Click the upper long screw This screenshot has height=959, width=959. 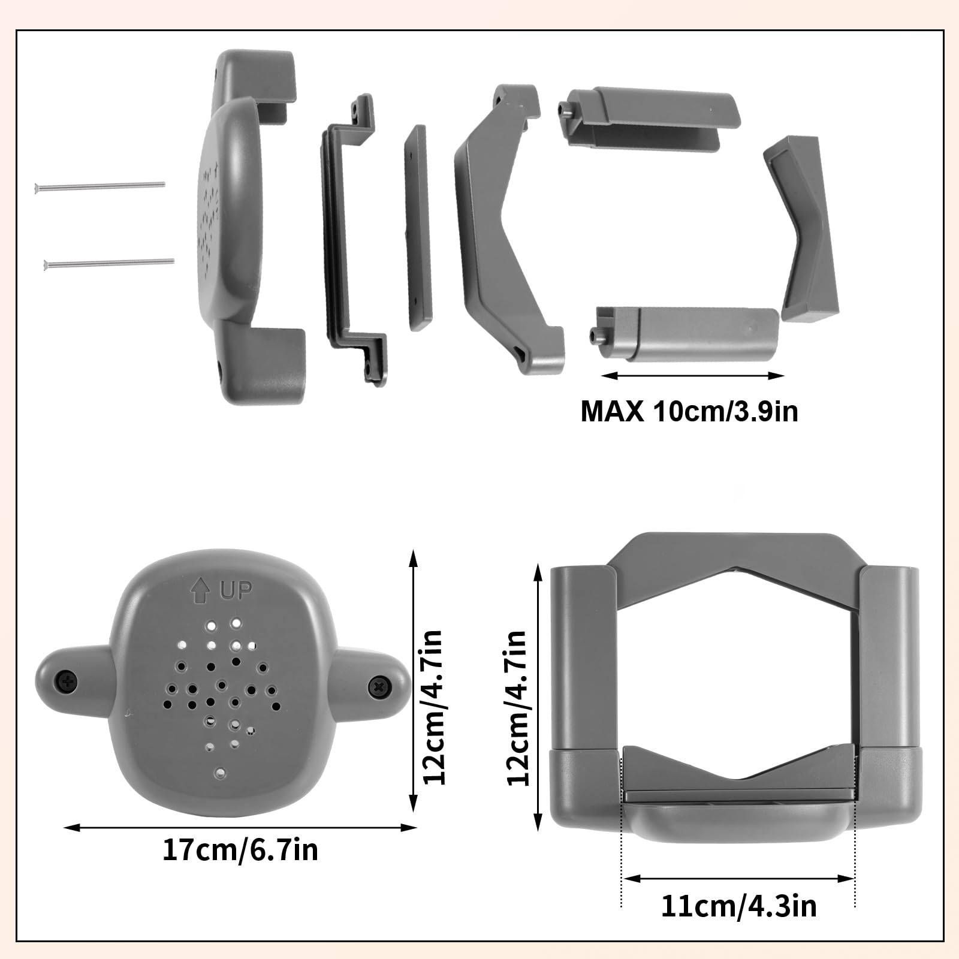[x=99, y=185]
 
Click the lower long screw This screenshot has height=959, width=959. [x=108, y=262]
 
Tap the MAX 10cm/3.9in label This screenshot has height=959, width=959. [x=689, y=412]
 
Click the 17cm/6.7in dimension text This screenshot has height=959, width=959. [x=240, y=850]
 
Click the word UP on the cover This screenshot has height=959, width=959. [x=236, y=591]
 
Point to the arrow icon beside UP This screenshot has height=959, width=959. [x=198, y=592]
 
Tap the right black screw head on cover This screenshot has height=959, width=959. [x=379, y=684]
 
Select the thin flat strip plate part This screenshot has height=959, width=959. [x=418, y=228]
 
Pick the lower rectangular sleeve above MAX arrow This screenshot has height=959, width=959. [x=689, y=333]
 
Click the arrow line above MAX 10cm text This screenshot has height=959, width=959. [x=692, y=376]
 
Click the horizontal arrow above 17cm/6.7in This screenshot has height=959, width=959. [x=240, y=828]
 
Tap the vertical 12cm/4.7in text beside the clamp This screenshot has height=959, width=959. [x=517, y=707]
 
